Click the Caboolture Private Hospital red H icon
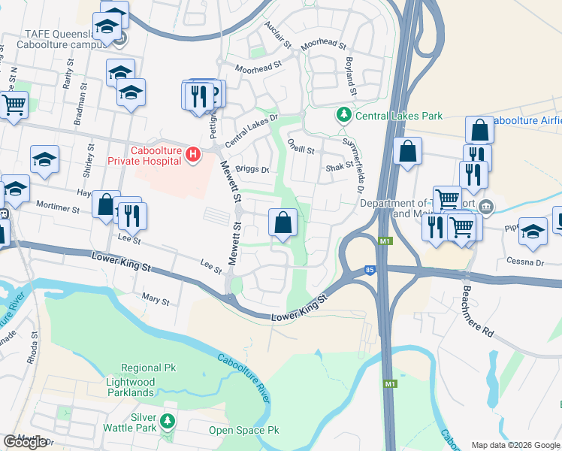click(x=193, y=156)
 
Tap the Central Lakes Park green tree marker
click(x=343, y=115)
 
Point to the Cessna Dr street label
click(x=529, y=262)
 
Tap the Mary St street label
click(x=156, y=300)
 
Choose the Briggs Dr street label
click(x=252, y=169)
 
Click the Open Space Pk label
click(x=243, y=431)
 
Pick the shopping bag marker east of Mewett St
click(x=283, y=222)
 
